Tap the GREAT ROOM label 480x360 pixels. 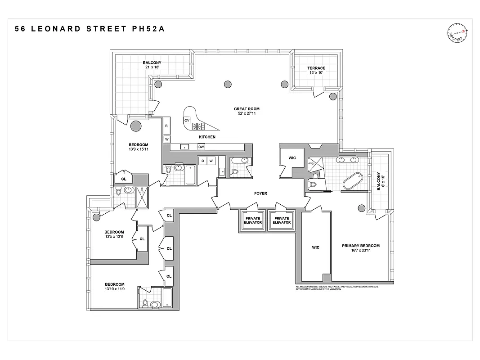click(247, 111)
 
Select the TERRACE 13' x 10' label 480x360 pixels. click(316, 71)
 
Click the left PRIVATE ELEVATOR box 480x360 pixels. click(252, 220)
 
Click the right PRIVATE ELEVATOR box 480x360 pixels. click(282, 220)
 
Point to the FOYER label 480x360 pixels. click(260, 193)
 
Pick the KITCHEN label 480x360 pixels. click(207, 137)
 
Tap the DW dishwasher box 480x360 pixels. click(201, 147)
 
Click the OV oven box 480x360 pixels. click(187, 120)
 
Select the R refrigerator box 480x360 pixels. click(166, 126)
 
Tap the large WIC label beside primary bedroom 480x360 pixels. click(315, 247)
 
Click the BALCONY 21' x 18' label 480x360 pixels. click(152, 65)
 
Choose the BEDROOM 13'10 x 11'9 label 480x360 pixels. click(115, 287)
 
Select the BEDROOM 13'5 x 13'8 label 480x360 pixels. click(114, 235)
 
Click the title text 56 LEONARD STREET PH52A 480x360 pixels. click(90, 29)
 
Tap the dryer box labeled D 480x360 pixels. click(203, 161)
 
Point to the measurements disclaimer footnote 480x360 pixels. click(337, 288)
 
